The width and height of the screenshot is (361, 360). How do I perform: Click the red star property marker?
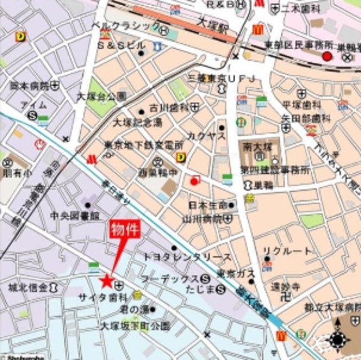106,280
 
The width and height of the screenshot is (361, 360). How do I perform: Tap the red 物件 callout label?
124,231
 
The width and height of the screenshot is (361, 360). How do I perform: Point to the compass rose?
338,339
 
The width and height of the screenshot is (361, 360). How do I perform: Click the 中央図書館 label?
75,216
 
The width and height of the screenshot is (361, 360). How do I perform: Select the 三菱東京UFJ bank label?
222,77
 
